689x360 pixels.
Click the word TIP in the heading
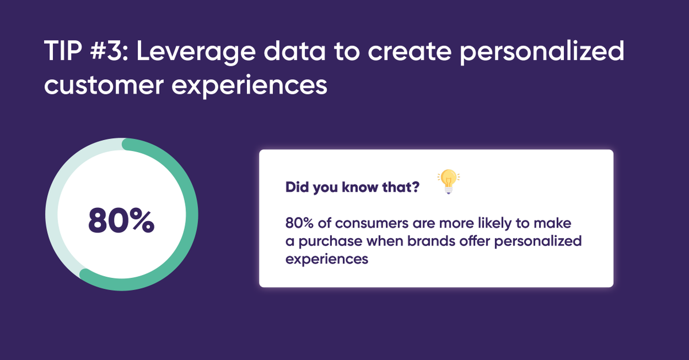pos(65,53)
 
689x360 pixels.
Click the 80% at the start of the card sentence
pos(299,222)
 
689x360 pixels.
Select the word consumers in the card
pos(358,222)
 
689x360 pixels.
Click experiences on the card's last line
pos(326,259)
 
